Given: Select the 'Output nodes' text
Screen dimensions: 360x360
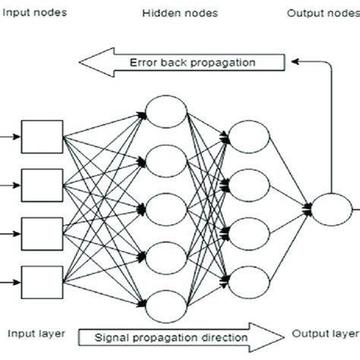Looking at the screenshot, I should click(x=321, y=13).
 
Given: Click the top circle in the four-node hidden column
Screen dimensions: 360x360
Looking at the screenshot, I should click(x=249, y=137).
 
